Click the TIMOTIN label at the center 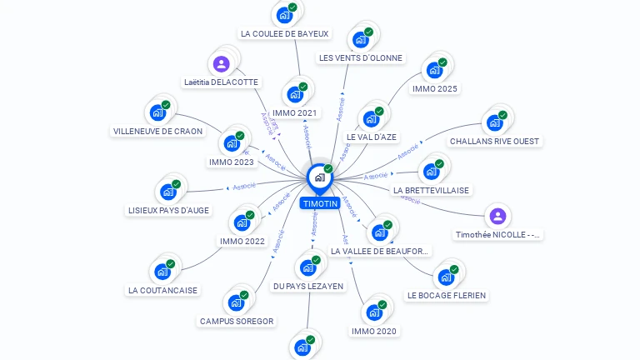(320, 203)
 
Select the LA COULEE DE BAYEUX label (285, 34)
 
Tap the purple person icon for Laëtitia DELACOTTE (221, 64)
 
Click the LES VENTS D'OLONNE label (361, 58)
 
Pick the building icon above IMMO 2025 (434, 69)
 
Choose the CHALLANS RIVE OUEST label (494, 142)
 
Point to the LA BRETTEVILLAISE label (432, 190)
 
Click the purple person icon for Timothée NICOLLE (497, 217)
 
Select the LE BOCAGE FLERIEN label (447, 295)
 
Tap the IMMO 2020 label (374, 331)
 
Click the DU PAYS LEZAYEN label (308, 286)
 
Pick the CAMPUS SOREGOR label (237, 321)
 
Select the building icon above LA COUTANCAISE (162, 271)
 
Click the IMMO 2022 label (242, 242)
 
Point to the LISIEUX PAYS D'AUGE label (169, 210)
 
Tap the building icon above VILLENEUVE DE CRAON (157, 112)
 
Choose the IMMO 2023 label (232, 162)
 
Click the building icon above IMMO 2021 (295, 93)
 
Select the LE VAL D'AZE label (372, 137)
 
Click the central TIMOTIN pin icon (319, 177)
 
